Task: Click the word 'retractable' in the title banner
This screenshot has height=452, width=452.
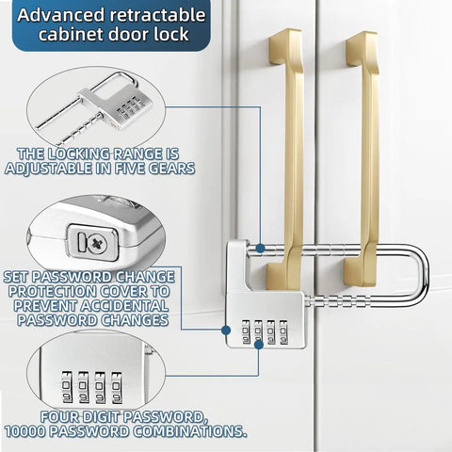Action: pos(156,15)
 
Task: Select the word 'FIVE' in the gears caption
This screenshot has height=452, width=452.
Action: pos(130,169)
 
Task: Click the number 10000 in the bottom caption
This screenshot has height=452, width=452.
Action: pos(25,431)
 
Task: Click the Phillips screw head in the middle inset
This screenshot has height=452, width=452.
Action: pos(97,244)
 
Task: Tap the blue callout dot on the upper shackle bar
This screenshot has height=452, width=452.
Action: pos(260,249)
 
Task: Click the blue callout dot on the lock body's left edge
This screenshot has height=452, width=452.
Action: pos(226,330)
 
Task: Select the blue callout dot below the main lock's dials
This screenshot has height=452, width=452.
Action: pos(259,345)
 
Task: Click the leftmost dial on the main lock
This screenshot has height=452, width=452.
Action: pos(246,331)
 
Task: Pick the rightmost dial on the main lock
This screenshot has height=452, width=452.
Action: pos(283,332)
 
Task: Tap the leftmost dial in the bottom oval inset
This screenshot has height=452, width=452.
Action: pos(67,387)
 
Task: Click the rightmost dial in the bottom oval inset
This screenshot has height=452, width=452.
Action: pos(117,388)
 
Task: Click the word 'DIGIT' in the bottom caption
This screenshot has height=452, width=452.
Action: pos(101,417)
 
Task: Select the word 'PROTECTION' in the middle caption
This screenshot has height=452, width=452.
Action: pos(53,291)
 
